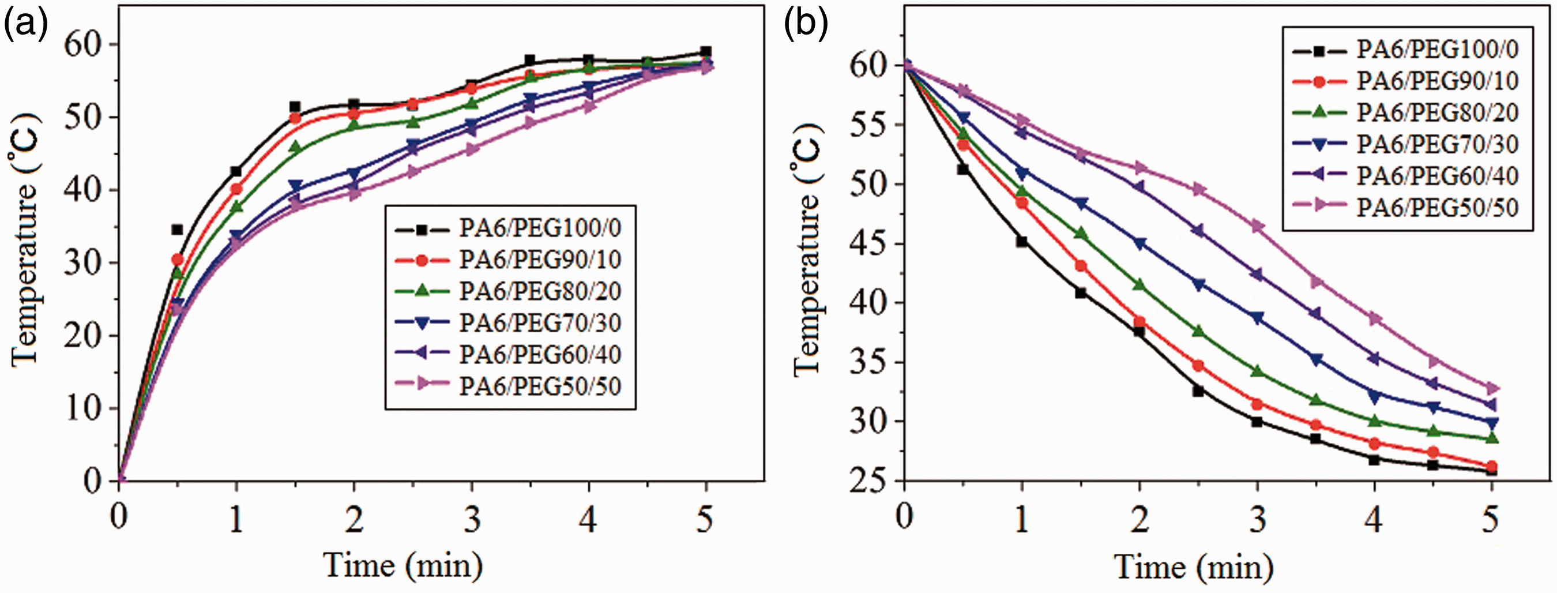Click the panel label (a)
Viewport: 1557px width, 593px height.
[26, 26]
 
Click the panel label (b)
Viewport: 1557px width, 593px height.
[806, 26]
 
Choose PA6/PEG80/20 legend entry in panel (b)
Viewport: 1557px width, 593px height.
[1406, 112]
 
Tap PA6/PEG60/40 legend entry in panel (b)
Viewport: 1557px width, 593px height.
[1406, 176]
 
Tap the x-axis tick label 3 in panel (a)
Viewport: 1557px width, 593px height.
[472, 519]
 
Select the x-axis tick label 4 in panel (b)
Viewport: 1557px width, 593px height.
[1373, 519]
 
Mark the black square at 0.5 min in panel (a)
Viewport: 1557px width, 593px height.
[177, 230]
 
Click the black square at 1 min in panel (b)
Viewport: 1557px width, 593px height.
[1021, 241]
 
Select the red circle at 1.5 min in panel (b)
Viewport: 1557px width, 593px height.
[1081, 266]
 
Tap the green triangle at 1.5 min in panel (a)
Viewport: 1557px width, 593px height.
[295, 147]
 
